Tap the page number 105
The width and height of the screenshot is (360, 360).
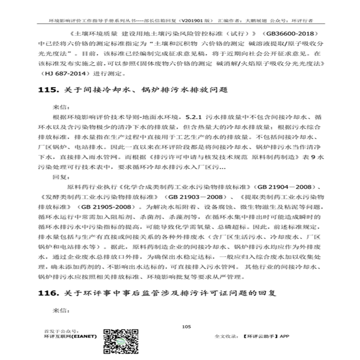[186, 326]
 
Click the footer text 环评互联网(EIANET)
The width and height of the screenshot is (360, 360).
[70, 336]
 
